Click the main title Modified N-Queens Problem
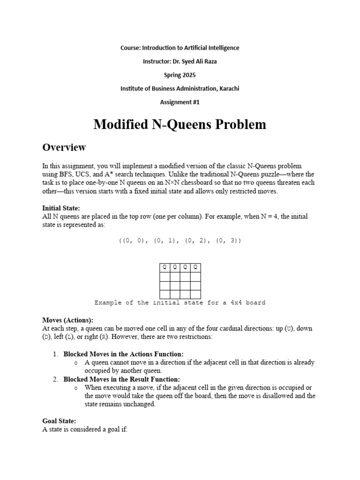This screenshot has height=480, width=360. (180, 124)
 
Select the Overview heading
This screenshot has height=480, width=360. (64, 147)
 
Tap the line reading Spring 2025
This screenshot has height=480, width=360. (180, 75)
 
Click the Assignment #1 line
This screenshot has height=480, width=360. (180, 102)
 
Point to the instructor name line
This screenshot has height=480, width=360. (180, 61)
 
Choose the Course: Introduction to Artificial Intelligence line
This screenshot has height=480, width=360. (180, 48)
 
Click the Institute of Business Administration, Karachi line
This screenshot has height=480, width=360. (180, 89)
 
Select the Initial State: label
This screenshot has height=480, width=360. (61, 208)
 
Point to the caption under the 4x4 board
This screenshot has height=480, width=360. (180, 303)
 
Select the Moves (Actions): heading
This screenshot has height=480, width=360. (67, 320)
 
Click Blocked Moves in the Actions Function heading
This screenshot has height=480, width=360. (124, 354)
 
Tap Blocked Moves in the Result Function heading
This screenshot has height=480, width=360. (122, 379)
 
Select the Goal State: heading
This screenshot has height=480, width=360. (59, 421)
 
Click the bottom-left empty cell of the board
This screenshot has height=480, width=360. (165, 294)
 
